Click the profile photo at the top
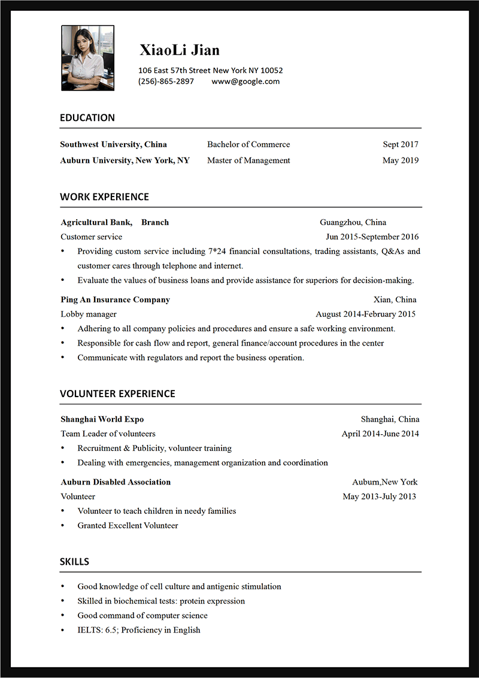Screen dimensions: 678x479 [87, 58]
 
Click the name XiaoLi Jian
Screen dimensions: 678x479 [180, 50]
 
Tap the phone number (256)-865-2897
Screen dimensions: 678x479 [166, 81]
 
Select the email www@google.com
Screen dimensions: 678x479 [245, 81]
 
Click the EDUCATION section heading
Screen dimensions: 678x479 [87, 118]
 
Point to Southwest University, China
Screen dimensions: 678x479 [114, 144]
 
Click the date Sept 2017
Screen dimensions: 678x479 [401, 144]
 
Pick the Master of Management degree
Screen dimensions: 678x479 [248, 161]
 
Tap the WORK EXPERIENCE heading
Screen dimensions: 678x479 [104, 197]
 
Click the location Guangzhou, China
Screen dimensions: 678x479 [353, 222]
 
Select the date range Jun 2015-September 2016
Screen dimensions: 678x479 [372, 237]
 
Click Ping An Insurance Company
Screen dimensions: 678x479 [116, 299]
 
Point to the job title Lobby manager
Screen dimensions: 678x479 [89, 314]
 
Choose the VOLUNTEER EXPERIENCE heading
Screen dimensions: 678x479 [117, 394]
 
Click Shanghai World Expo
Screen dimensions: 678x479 [102, 419]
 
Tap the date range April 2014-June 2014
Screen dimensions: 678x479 [380, 434]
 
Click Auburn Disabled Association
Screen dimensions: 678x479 [116, 482]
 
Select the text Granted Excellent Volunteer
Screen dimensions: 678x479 [128, 525]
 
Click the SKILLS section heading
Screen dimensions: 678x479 [74, 562]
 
